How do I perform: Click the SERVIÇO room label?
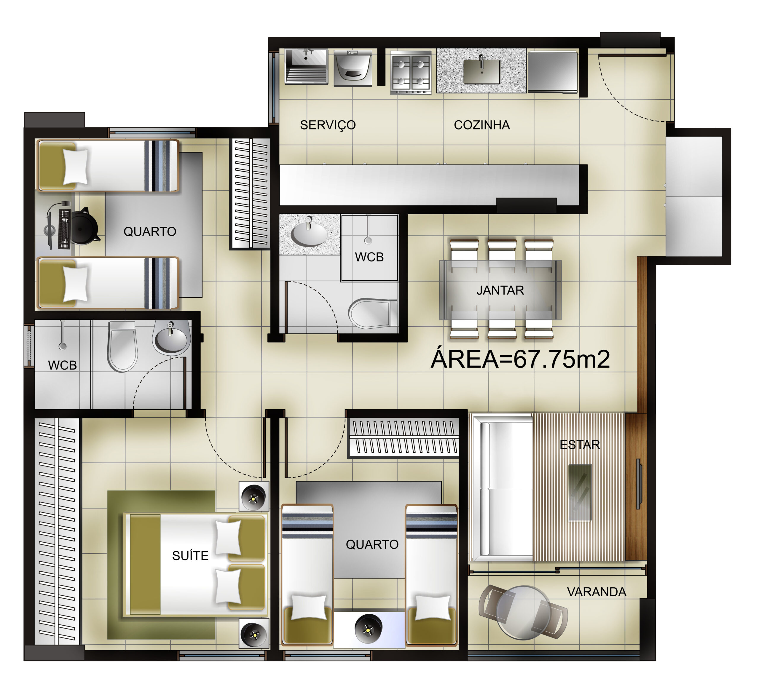(328, 125)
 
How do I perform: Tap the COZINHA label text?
(481, 125)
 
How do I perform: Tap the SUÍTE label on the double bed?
(190, 555)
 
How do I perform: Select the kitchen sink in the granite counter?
(481, 71)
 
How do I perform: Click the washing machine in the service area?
(353, 68)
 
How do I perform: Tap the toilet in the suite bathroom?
(122, 346)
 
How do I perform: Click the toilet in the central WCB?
(373, 314)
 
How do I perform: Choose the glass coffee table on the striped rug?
(580, 493)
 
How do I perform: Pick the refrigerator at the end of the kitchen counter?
(552, 71)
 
